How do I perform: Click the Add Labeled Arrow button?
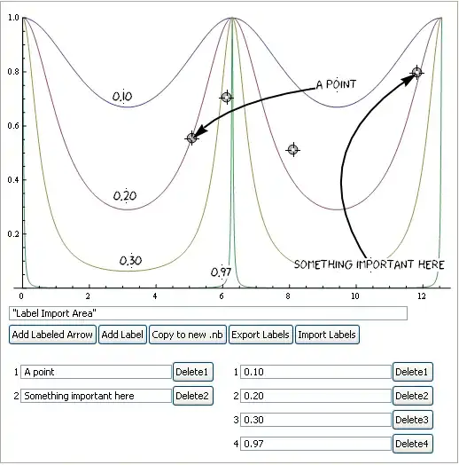52,335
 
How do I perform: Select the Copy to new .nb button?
187,335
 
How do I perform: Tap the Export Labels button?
260,335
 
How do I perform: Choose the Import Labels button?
327,335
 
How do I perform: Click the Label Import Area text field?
207,313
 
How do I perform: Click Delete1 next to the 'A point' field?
193,372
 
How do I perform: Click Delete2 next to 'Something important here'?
193,396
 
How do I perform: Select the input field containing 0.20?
315,396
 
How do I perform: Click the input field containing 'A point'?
95,372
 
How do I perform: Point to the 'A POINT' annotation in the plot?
336,85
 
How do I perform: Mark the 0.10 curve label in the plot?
122,96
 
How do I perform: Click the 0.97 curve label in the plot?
221,272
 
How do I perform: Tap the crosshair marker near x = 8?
292,150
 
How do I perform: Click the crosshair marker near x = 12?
416,72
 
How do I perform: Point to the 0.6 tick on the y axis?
12,126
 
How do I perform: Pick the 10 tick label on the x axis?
355,296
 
